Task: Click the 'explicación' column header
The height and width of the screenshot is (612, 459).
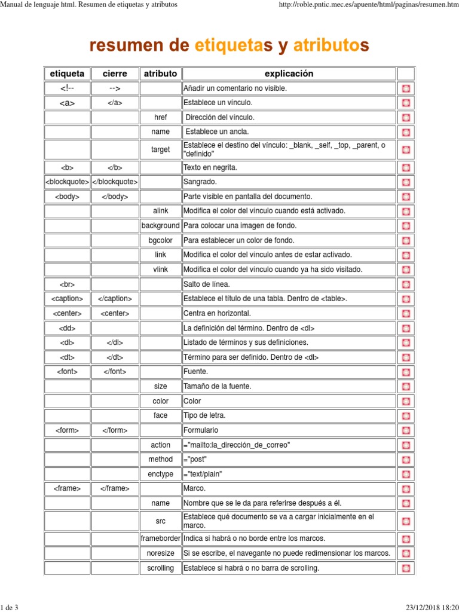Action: pos(289,74)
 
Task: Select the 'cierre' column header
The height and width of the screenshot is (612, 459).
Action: pos(115,74)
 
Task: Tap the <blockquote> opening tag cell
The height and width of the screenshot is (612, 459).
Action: pos(67,182)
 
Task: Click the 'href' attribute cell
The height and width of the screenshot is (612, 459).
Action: pos(160,118)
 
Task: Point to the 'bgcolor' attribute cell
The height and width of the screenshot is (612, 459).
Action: pos(160,240)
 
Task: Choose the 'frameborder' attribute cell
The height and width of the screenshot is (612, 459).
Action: pos(160,538)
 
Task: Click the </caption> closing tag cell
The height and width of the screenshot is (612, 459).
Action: pos(115,298)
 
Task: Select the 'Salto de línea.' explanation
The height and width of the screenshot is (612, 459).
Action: pos(207,284)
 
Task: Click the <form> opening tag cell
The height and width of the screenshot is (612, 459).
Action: pos(67,430)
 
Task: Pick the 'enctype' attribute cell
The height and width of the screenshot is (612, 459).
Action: pos(160,474)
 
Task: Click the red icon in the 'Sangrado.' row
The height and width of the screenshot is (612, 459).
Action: pos(406,182)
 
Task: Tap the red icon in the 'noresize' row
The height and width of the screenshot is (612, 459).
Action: pos(406,553)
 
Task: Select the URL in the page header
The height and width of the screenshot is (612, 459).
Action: pos(365,5)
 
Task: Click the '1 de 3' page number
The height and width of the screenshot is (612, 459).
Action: pos(10,607)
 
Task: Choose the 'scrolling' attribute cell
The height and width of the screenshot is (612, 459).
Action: pos(160,568)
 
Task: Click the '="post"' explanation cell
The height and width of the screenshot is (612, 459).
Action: pos(197,460)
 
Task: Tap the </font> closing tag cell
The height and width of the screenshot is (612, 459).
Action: pos(115,372)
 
